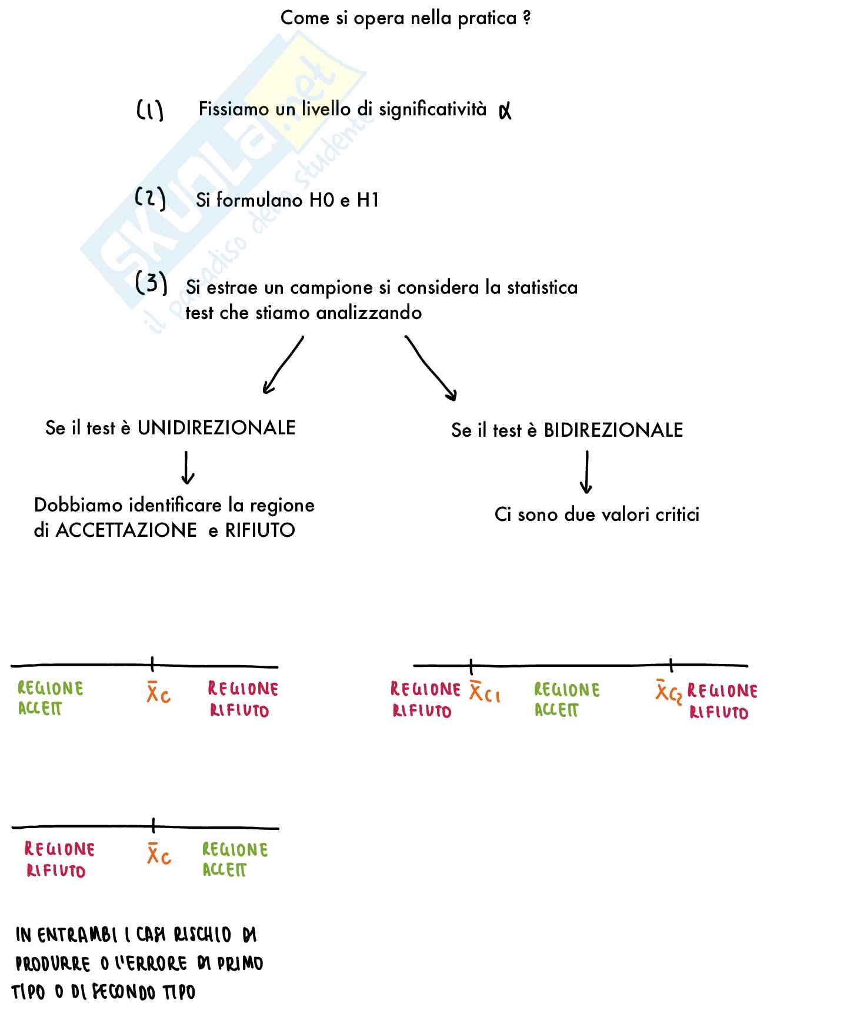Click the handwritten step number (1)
point(149,110)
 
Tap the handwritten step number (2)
point(151,198)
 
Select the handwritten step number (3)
point(151,284)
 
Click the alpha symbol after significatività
point(505,111)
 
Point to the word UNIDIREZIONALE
point(216,428)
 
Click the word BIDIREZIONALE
point(613,430)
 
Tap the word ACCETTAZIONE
point(126,530)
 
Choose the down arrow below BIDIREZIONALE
point(586,472)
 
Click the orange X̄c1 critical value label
point(485,692)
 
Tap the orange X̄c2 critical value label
point(669,692)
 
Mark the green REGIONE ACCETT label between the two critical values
point(566,699)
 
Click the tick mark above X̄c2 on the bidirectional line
point(671,665)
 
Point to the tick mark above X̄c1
point(471,666)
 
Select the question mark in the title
point(526,18)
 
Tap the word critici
point(678,514)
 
